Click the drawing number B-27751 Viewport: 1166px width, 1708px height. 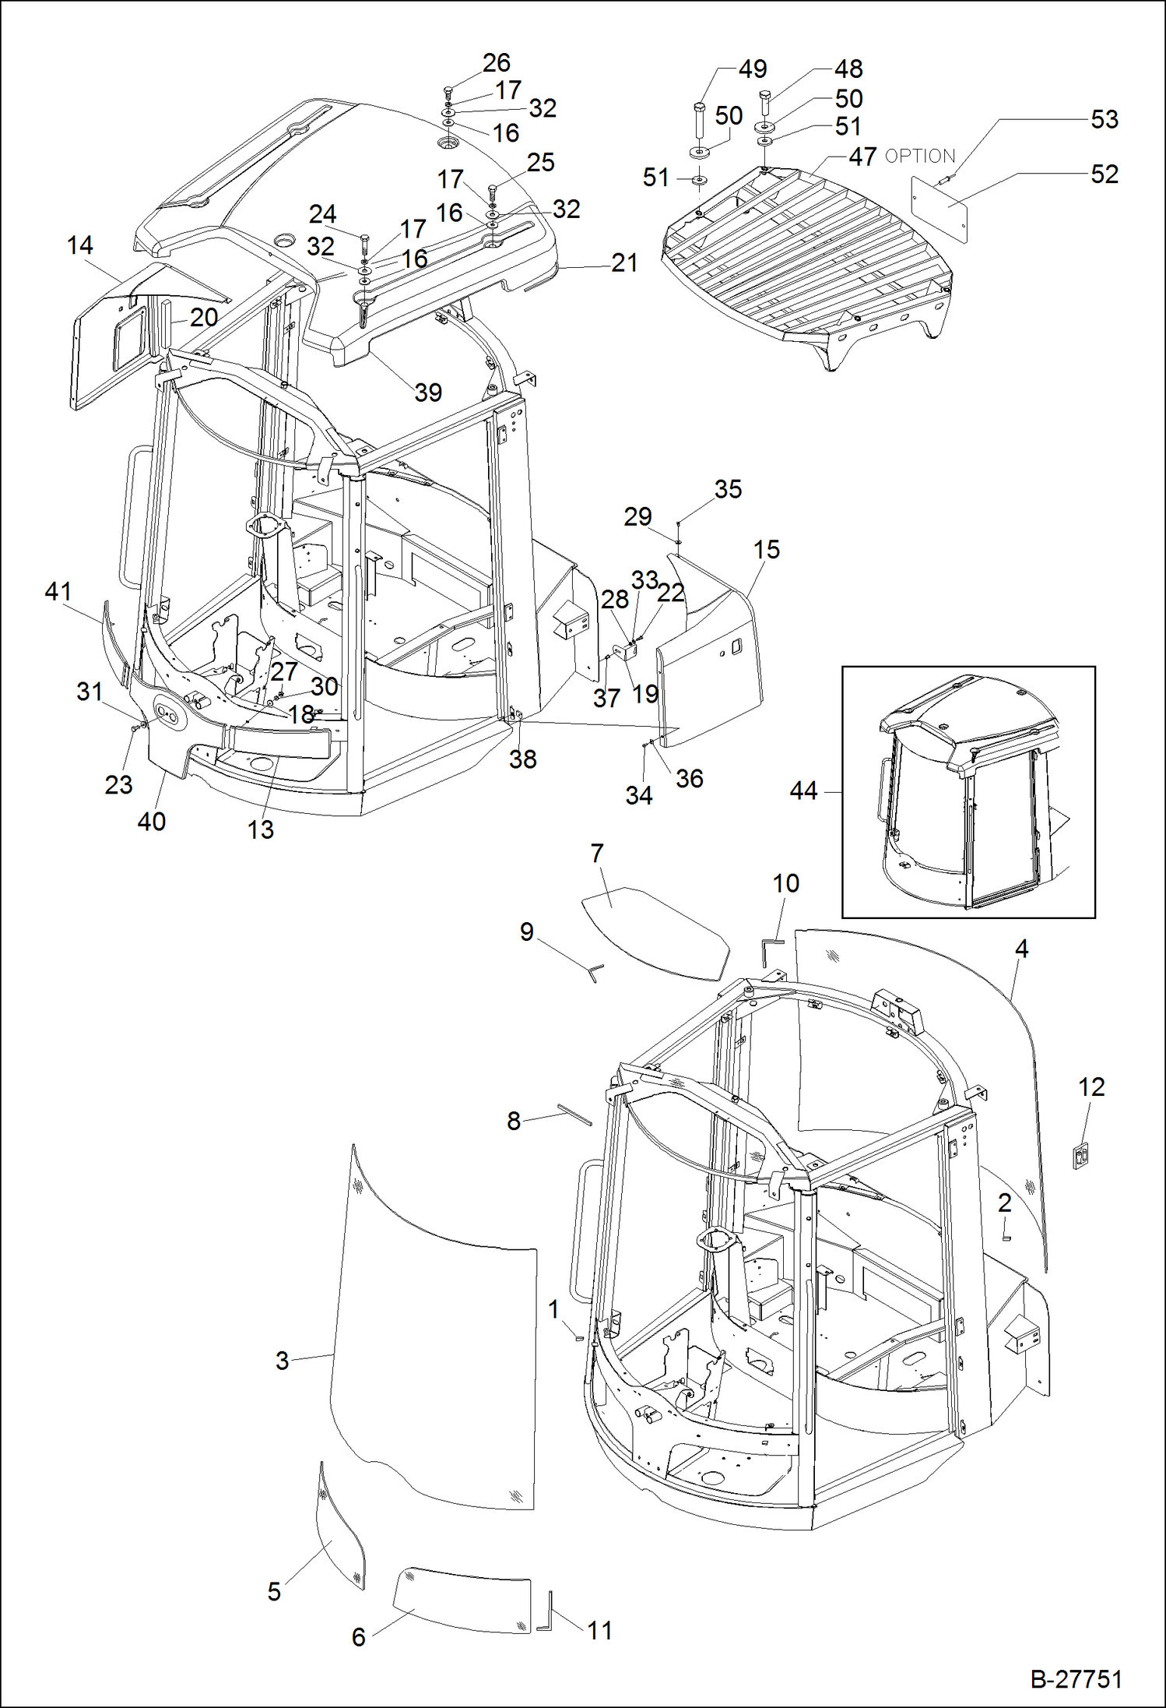point(1076,1679)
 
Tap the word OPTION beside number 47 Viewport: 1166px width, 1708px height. point(920,157)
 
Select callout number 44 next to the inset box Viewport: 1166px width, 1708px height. point(803,791)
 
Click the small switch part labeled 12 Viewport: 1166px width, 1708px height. point(1080,1156)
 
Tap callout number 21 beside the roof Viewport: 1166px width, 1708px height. point(624,263)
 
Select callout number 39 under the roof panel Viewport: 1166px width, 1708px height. point(428,392)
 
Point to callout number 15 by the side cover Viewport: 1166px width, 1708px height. point(766,549)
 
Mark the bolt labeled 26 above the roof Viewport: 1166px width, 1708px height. point(448,92)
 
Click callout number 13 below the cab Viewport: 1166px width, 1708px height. point(261,829)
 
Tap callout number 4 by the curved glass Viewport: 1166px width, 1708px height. point(1021,949)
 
